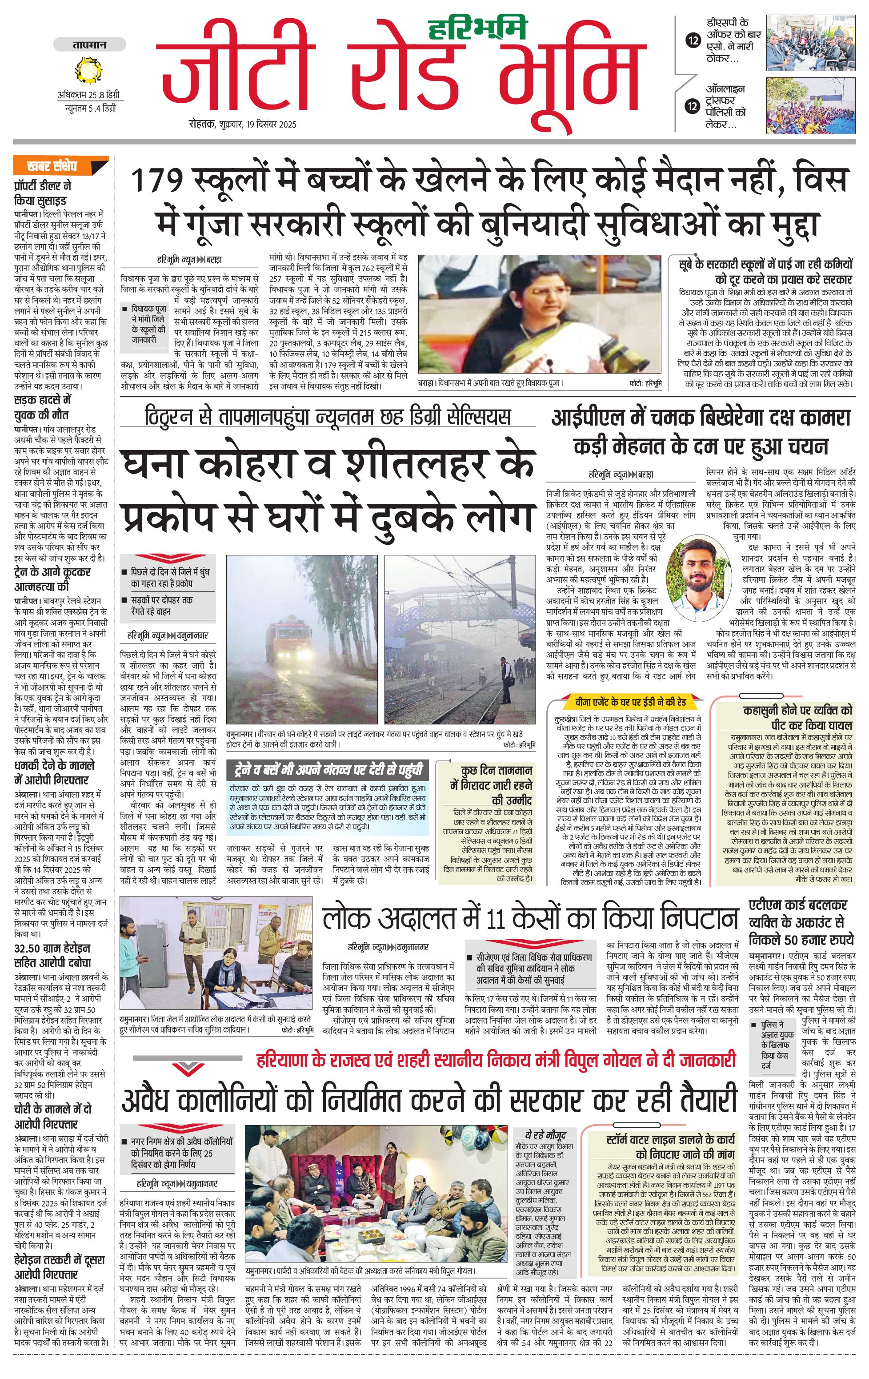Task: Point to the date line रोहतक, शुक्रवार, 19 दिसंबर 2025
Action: point(243,124)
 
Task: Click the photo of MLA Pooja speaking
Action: point(539,315)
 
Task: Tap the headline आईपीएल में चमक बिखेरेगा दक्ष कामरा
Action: point(700,418)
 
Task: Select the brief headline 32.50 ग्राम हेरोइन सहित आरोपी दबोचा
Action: point(52,956)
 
